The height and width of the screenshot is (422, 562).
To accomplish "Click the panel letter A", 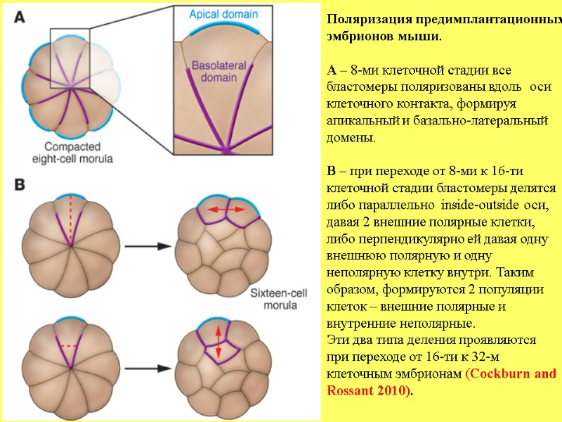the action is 21,19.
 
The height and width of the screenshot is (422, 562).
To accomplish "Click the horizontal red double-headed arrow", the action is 226,210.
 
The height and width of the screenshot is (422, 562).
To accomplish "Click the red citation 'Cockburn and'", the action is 511,373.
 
